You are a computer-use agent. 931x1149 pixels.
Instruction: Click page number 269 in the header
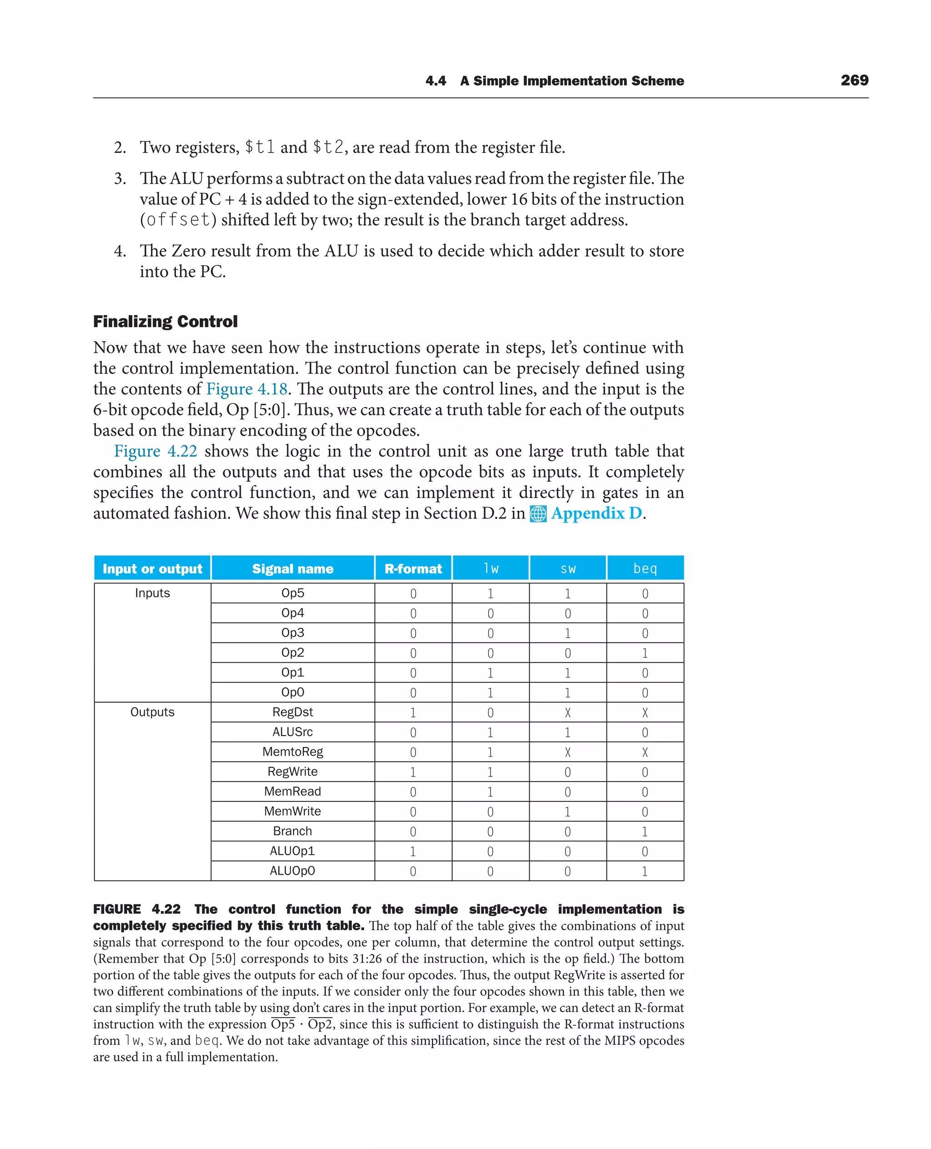(x=854, y=81)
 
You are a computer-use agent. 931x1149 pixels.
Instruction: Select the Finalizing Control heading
(x=165, y=322)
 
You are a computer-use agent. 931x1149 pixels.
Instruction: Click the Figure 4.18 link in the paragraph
(x=247, y=389)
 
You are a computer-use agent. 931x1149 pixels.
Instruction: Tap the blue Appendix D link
(x=596, y=514)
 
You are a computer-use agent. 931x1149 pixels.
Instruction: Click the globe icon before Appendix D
(x=538, y=514)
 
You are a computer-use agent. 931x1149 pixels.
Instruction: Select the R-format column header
(x=413, y=569)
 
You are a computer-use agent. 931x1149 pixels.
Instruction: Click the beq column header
(x=645, y=569)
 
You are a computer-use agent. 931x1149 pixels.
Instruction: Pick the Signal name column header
(x=292, y=569)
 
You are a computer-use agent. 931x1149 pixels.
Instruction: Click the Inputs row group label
(x=152, y=593)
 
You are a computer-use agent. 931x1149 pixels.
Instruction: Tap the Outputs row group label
(x=152, y=712)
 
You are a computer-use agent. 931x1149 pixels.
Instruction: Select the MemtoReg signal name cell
(x=292, y=752)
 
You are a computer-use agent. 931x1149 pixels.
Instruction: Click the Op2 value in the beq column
(x=645, y=653)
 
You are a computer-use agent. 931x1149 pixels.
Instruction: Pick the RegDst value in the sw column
(x=567, y=713)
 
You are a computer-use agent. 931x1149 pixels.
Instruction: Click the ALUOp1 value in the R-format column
(x=413, y=852)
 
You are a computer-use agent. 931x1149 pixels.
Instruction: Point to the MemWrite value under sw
(x=567, y=812)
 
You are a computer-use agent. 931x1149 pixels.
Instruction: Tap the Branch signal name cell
(x=292, y=832)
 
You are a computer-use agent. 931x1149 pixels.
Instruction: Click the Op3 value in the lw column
(x=490, y=633)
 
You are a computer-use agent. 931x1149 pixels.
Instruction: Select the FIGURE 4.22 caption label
(x=137, y=909)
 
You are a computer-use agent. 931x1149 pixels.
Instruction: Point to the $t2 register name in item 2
(x=328, y=147)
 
